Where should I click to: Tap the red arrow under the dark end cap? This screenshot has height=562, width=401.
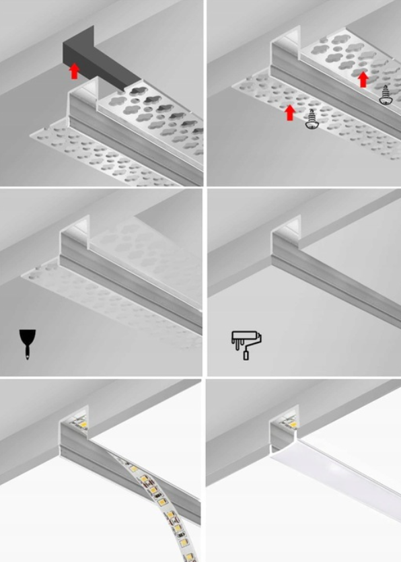75,71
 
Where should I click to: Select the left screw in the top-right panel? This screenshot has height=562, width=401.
311,120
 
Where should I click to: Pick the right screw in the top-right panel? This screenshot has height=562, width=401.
386,95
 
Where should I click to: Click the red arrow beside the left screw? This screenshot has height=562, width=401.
289,112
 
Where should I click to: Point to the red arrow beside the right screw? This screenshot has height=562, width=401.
363,79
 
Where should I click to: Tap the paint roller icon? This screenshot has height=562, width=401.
246,344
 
